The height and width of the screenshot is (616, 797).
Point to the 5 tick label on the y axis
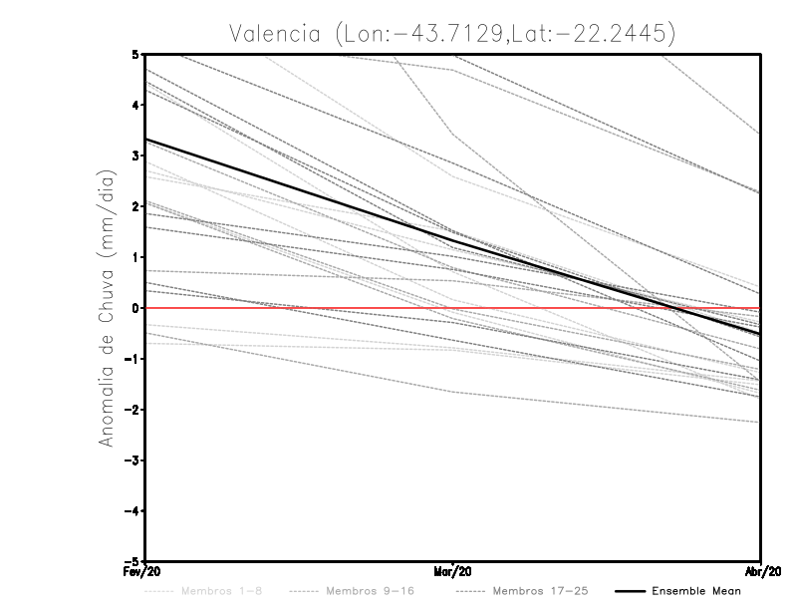(134, 54)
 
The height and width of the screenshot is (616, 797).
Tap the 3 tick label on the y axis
(134, 155)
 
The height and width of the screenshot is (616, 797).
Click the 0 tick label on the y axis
(134, 308)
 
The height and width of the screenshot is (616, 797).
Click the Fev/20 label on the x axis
(144, 573)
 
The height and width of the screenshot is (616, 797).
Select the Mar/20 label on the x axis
(453, 573)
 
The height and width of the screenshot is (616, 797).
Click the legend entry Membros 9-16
(369, 591)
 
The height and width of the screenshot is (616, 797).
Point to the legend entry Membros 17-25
(540, 591)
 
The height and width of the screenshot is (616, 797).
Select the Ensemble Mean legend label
(696, 591)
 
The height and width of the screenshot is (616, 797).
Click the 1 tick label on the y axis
(134, 257)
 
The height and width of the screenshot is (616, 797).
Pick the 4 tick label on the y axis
(134, 105)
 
